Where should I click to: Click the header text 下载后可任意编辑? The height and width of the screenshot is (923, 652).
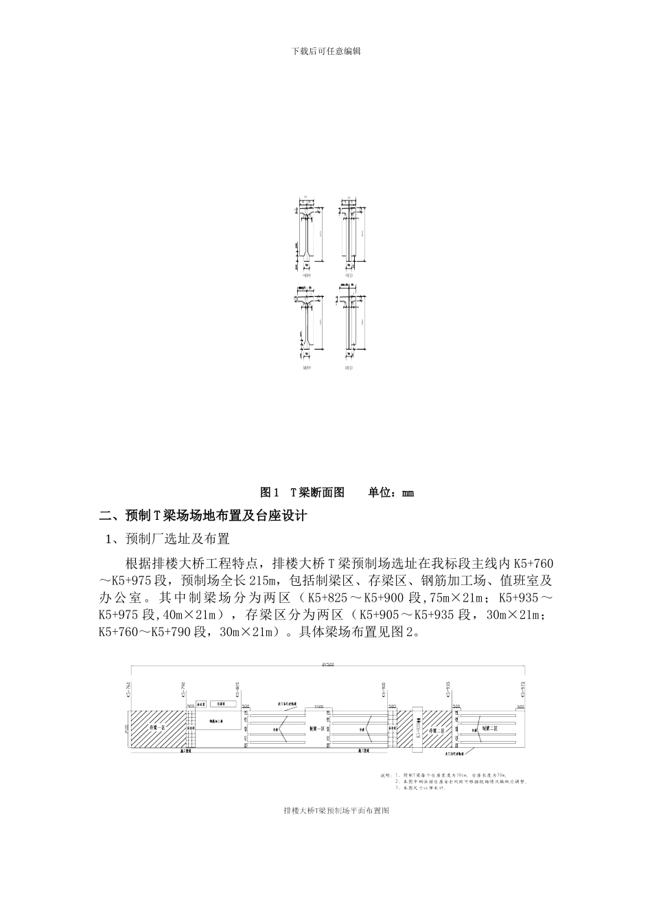(326, 51)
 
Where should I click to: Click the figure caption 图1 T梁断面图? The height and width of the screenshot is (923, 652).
(303, 492)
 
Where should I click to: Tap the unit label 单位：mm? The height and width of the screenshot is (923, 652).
(391, 492)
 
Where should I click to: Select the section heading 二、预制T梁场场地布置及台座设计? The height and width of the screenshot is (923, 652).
(203, 516)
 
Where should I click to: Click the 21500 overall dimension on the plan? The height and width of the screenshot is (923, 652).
(329, 665)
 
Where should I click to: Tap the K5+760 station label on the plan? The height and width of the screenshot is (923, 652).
(128, 691)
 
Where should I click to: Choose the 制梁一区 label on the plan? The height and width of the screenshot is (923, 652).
(318, 729)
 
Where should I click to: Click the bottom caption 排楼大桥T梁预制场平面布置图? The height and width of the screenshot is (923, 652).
(336, 811)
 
